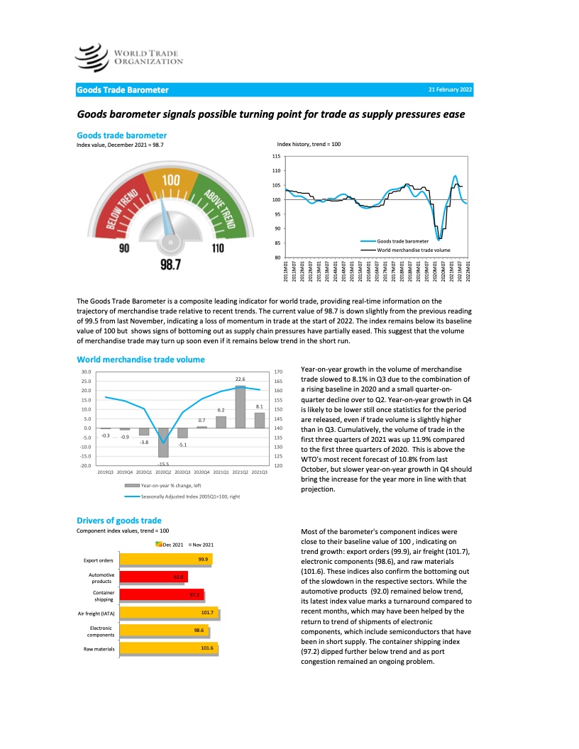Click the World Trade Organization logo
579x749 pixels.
pyautogui.click(x=129, y=55)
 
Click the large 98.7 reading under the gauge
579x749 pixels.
pyautogui.click(x=170, y=265)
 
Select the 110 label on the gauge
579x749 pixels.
pyautogui.click(x=217, y=248)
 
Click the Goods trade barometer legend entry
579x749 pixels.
pyautogui.click(x=407, y=242)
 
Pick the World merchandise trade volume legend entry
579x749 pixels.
pyautogui.click(x=413, y=250)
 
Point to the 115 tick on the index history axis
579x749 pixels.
pyautogui.click(x=277, y=156)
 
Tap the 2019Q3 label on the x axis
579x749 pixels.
pyautogui.click(x=106, y=471)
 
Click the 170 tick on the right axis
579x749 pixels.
pyautogui.click(x=278, y=371)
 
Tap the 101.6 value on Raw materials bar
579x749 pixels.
pyautogui.click(x=207, y=647)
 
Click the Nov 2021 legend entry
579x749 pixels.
pyautogui.click(x=201, y=544)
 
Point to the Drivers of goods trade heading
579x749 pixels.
pyautogui.click(x=118, y=521)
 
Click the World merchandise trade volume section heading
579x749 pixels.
pyautogui.click(x=140, y=360)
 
